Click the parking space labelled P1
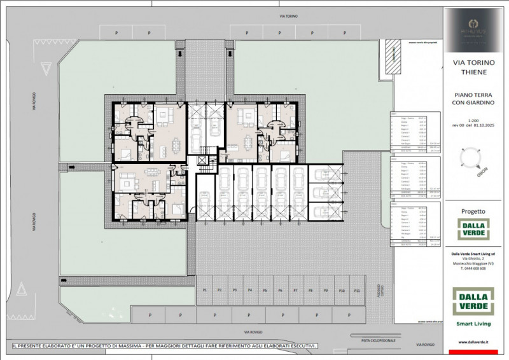pyautogui.click(x=205, y=290)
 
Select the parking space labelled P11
pyautogui.click(x=357, y=290)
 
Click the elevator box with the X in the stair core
pyautogui.click(x=204, y=160)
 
